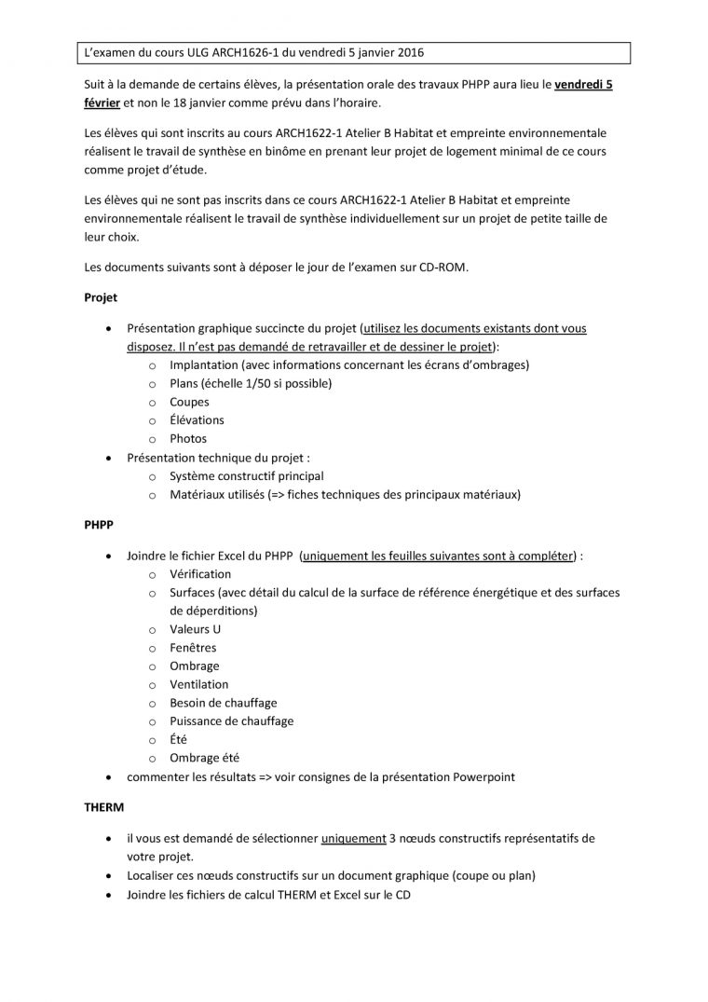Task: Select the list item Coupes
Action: coord(189,402)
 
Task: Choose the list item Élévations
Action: coord(197,419)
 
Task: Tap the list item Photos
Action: coord(188,438)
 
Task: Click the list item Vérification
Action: coord(200,574)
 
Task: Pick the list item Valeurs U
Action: coord(195,629)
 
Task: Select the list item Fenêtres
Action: coord(193,648)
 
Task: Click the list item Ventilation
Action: coord(198,684)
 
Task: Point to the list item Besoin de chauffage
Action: coord(223,703)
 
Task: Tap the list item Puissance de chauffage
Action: coord(231,721)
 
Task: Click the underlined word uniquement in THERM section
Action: coord(353,838)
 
